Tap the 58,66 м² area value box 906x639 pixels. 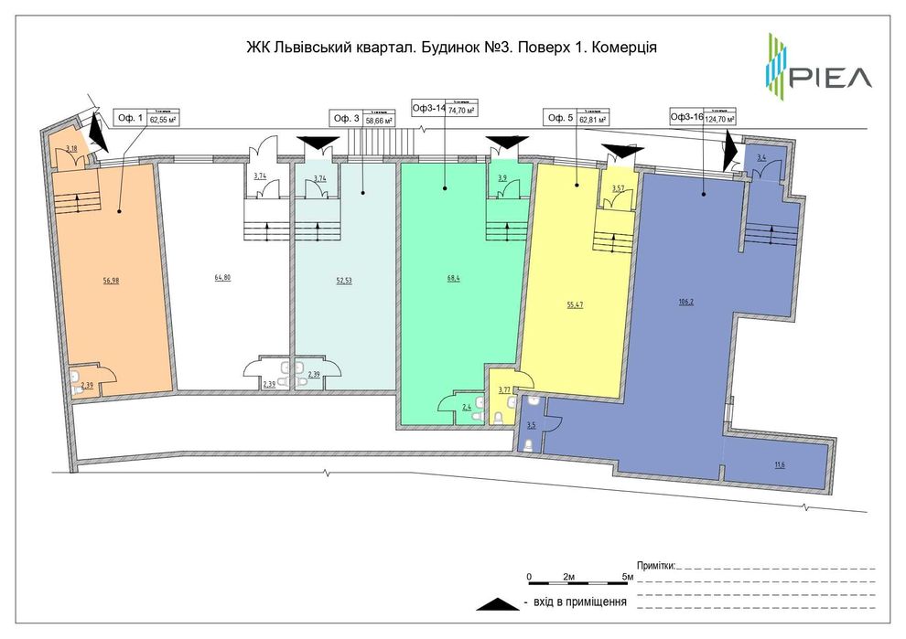coord(379,118)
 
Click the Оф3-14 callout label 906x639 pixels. coord(428,108)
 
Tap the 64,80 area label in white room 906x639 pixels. coord(221,277)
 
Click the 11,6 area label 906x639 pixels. coord(779,464)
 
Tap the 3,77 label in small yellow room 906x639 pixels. coord(503,390)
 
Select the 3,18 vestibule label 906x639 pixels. coord(70,147)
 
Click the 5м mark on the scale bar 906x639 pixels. coord(628,576)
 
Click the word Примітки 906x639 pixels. coord(654,566)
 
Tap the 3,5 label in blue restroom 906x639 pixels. coord(532,425)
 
